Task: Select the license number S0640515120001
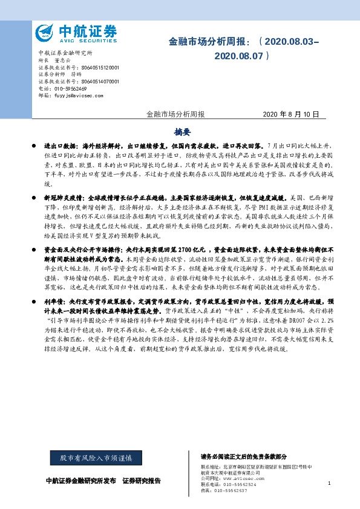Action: pyautogui.click(x=97, y=68)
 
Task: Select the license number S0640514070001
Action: pyautogui.click(x=97, y=81)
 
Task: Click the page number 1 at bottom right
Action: pyautogui.click(x=329, y=484)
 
